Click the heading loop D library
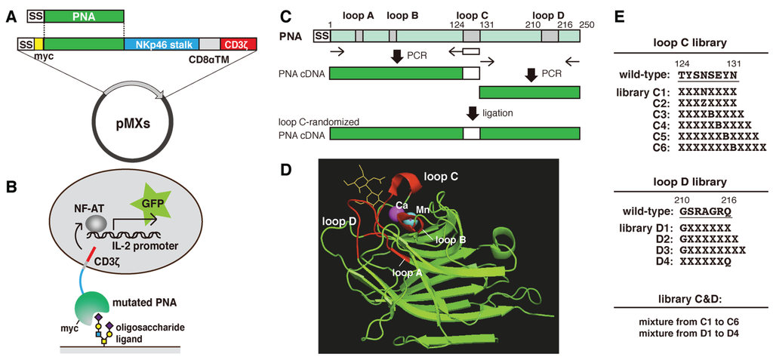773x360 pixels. (x=692, y=181)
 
